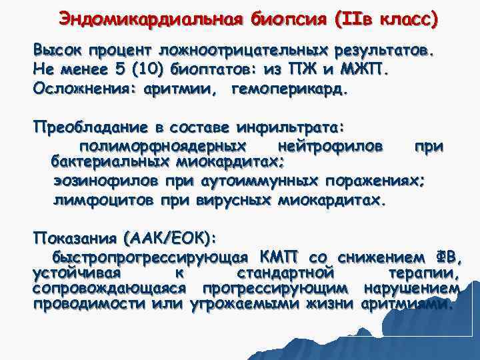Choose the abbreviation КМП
(x=281, y=257)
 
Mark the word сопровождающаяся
(x=109, y=289)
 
